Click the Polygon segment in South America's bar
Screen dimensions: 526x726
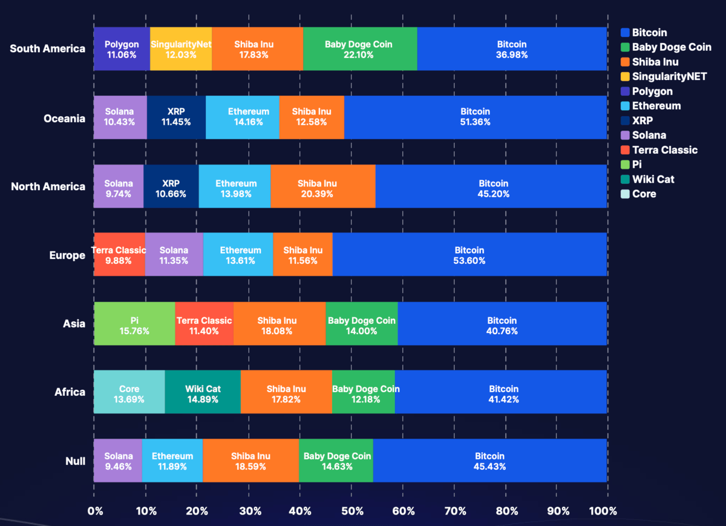[122, 49]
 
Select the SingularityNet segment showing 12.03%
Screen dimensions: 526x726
[181, 49]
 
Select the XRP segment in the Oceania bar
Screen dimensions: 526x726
[176, 117]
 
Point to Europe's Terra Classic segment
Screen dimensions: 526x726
[119, 255]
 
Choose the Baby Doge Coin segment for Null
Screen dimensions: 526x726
[336, 461]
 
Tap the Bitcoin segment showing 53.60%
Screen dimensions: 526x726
[469, 255]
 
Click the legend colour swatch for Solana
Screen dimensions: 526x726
[625, 136]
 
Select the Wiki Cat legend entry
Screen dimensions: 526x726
[653, 179]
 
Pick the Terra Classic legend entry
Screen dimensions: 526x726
[664, 150]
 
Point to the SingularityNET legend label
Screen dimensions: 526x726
[669, 76]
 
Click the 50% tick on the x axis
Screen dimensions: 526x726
[352, 511]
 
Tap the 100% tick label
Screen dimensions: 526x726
[604, 511]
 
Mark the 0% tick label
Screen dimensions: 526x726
[95, 511]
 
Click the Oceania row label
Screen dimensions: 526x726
[65, 118]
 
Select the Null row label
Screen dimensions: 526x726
[75, 461]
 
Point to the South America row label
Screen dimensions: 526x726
[48, 49]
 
